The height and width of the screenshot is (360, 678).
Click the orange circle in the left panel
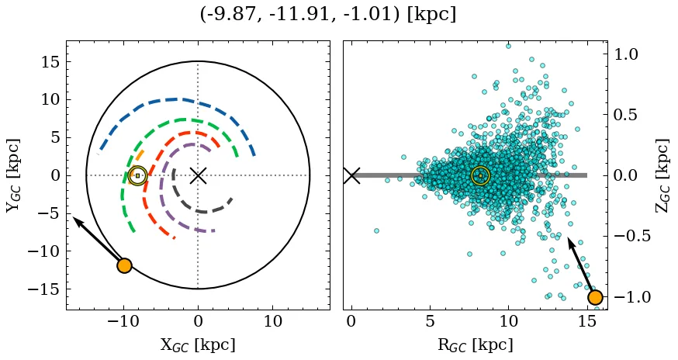(x=124, y=265)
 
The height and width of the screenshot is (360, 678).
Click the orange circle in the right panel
(x=595, y=297)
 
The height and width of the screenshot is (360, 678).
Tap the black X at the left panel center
(x=198, y=175)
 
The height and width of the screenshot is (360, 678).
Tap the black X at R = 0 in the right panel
(x=351, y=175)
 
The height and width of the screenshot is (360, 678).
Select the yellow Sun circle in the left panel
(x=137, y=176)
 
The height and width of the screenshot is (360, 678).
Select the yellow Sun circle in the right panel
(x=480, y=176)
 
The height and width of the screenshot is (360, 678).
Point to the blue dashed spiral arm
(x=178, y=99)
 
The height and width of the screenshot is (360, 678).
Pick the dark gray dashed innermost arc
(x=203, y=211)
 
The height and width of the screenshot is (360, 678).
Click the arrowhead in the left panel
(x=76, y=220)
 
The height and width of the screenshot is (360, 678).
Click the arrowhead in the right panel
(x=570, y=241)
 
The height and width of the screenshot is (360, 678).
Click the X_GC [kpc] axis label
(x=198, y=344)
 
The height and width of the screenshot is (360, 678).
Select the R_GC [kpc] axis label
(x=475, y=344)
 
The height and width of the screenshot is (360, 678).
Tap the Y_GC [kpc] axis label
(x=13, y=175)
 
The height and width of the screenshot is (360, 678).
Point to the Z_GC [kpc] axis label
(x=662, y=175)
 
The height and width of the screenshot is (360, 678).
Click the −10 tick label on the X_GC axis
(x=123, y=322)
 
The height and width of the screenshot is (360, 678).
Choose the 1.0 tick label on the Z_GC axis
(x=627, y=54)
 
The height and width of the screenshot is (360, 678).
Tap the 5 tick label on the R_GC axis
(x=430, y=322)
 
